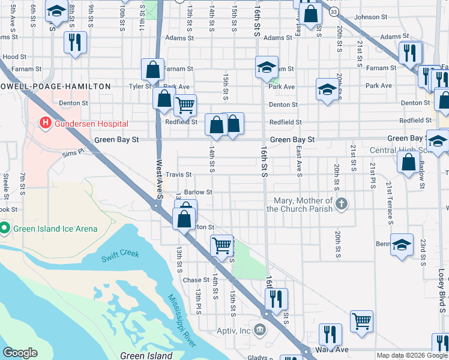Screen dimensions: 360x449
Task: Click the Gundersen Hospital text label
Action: point(91,124)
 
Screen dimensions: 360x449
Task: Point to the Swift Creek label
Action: point(120,254)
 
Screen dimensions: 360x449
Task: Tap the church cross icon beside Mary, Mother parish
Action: point(342,204)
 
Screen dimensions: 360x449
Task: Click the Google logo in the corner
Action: point(20,352)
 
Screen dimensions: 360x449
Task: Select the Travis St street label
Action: point(179,175)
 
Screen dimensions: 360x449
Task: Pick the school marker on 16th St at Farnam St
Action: point(267,67)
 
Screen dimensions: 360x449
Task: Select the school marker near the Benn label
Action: point(402,245)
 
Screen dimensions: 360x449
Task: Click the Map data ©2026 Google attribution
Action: point(411,355)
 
